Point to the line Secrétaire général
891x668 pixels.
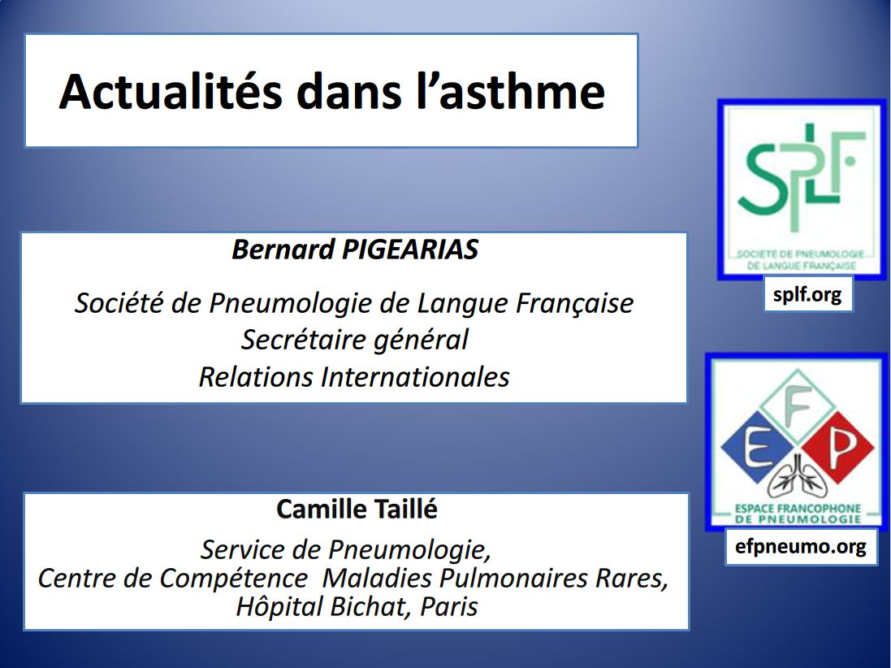pos(354,339)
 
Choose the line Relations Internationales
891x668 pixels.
pos(354,377)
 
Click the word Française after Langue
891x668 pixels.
pos(574,303)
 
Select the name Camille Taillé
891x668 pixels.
pos(357,510)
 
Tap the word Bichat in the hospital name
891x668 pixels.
pos(369,606)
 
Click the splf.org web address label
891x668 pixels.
pos(807,295)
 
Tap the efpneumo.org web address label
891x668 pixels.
pos(800,547)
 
